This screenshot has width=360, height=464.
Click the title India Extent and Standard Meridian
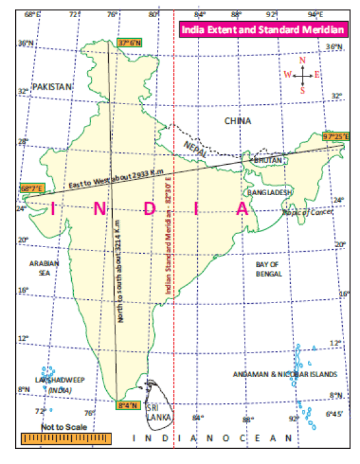click(262, 30)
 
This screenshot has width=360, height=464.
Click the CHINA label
click(238, 121)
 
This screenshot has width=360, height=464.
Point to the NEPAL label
click(195, 148)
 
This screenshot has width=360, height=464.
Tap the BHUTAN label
click(268, 160)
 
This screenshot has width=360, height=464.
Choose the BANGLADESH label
click(270, 192)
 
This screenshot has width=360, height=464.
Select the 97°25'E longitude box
click(336, 136)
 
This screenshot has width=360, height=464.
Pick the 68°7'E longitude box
click(32, 188)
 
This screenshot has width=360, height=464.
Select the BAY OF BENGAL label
click(268, 268)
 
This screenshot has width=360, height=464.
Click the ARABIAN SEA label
click(44, 267)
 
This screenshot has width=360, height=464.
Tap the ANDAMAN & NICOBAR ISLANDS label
click(285, 374)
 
